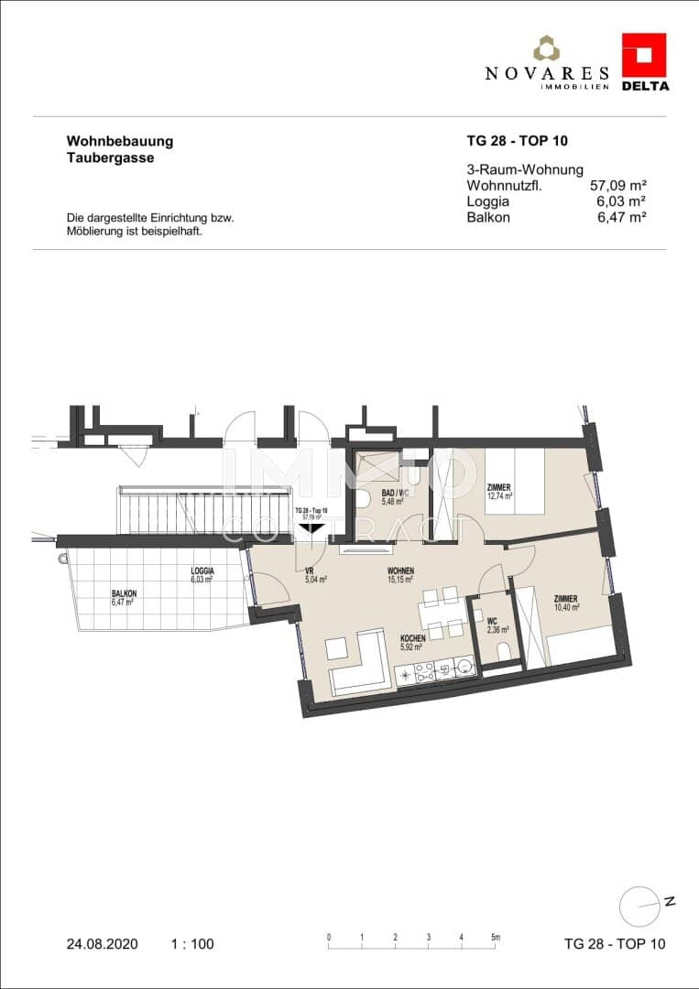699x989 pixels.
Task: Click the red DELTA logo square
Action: click(644, 55)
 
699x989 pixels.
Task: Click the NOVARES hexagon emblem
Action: click(547, 49)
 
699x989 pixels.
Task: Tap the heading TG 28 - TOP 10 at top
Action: click(518, 141)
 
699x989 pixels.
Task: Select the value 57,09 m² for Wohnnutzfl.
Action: click(618, 186)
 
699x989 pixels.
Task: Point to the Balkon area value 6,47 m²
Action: click(621, 217)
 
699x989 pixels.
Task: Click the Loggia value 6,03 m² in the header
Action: click(621, 201)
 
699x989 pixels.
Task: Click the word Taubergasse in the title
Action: click(110, 158)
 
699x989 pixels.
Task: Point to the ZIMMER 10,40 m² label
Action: click(565, 603)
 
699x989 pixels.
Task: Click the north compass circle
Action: click(639, 907)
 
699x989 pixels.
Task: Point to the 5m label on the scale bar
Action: click(495, 937)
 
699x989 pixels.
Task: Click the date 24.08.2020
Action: click(103, 943)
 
